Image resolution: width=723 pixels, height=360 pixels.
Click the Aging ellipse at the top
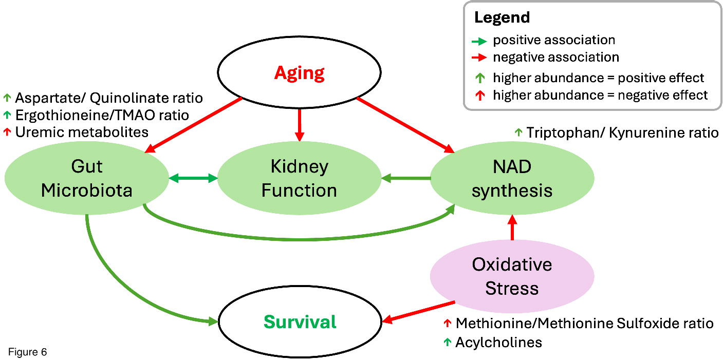pyautogui.click(x=300, y=73)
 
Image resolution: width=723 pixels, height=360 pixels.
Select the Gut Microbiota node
pyautogui.click(x=86, y=178)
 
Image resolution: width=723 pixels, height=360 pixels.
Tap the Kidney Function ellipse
pyautogui.click(x=299, y=178)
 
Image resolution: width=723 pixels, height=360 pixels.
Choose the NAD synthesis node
pyautogui.click(x=512, y=178)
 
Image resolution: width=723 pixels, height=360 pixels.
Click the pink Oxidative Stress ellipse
pyautogui.click(x=512, y=276)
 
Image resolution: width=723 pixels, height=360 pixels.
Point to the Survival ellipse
pyautogui.click(x=300, y=322)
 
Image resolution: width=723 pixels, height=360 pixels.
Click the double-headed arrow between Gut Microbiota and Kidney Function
pyautogui.click(x=193, y=178)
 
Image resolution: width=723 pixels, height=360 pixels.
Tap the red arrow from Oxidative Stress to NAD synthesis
pyautogui.click(x=512, y=227)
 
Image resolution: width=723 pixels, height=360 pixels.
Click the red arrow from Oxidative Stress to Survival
pyautogui.click(x=418, y=312)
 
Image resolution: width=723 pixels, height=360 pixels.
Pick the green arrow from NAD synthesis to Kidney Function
pyautogui.click(x=405, y=178)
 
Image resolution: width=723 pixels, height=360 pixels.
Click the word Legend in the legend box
pyautogui.click(x=502, y=17)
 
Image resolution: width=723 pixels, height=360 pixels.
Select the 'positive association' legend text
pyautogui.click(x=554, y=40)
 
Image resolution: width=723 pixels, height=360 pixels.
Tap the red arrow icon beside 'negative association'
pyautogui.click(x=480, y=57)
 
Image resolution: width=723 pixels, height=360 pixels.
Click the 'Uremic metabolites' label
pyautogui.click(x=82, y=132)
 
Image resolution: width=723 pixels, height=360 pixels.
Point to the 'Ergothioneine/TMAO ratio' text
pyautogui.click(x=102, y=115)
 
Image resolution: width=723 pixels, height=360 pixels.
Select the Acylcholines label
pyautogui.click(x=498, y=342)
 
